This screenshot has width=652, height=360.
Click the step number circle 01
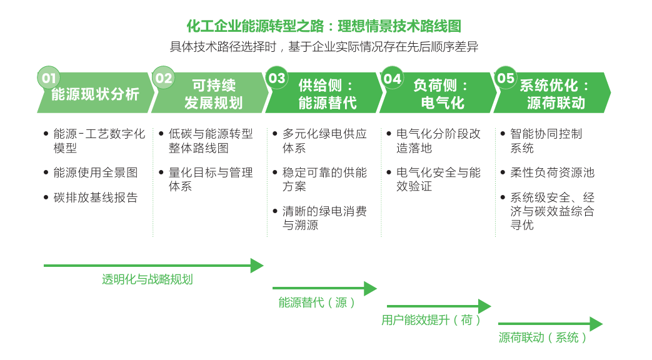pos(49,78)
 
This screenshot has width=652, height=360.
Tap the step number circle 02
pos(163,78)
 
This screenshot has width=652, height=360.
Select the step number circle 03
pos(276,78)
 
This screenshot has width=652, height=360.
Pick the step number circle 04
pos(392,78)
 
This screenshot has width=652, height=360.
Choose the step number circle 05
pos(505,78)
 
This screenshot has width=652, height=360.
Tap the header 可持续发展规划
pos(213,94)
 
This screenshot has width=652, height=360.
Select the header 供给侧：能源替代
pos(327,94)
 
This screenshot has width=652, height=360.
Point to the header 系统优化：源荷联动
pos(555,94)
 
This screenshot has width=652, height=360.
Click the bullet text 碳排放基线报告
pos(95,197)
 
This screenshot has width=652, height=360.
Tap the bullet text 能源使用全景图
pos(95,172)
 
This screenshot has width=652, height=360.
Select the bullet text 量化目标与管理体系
pos(211,179)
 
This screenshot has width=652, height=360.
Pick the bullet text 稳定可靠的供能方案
pos(324,179)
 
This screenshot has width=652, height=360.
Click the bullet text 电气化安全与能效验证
pos(438,179)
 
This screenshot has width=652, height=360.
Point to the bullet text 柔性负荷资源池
pos(552,172)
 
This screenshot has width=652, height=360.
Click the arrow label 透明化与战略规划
pos(147,279)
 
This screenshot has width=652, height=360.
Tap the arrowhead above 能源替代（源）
pos(370,289)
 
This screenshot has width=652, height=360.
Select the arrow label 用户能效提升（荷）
pos(431,321)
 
